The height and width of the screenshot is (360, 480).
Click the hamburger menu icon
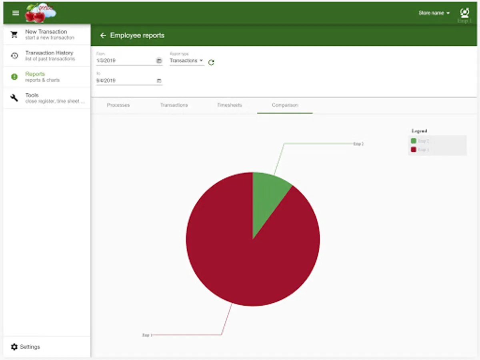pos(16,13)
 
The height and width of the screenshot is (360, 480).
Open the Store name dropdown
pos(434,13)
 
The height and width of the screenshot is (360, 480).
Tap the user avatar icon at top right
pos(464,13)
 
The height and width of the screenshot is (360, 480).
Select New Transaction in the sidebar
pos(46,34)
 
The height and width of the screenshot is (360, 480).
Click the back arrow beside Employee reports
pos(103,36)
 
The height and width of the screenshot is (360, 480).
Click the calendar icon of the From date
pos(159,61)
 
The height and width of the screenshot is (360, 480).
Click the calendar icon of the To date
pos(159,81)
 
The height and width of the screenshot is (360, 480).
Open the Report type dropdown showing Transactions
pos(186,61)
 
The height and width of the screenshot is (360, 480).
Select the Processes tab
pos(118,105)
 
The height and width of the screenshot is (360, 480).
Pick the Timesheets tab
pos(230,105)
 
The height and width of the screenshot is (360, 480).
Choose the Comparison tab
pos(285,105)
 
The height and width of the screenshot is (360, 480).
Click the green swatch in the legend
pos(413,141)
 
